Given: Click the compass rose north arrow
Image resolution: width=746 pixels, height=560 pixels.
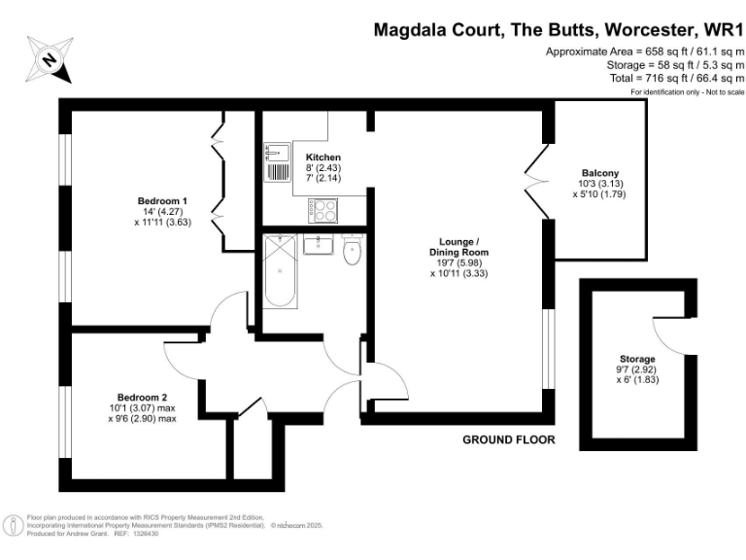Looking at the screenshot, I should click(49, 60).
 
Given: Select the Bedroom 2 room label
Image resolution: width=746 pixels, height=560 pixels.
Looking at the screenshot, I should click(143, 397).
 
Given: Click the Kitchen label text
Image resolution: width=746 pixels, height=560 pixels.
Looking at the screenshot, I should click(323, 157).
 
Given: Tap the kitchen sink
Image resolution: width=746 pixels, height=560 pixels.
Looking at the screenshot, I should click(276, 162).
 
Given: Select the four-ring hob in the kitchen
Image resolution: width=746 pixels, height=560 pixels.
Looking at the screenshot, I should click(323, 209).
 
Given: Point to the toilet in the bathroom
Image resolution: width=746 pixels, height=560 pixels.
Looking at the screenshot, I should click(353, 251).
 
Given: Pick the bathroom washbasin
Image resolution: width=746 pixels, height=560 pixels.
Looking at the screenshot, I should click(318, 244).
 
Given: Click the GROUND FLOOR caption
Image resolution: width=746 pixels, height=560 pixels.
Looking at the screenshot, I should click(508, 439).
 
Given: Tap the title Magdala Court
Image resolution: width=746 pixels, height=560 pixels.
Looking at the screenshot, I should click(436, 30).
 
